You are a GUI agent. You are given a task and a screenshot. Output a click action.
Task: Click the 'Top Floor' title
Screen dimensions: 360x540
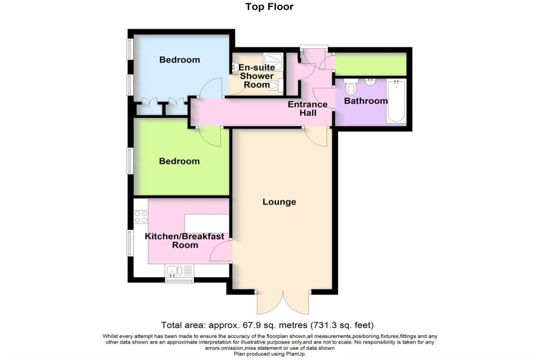click(x=269, y=7)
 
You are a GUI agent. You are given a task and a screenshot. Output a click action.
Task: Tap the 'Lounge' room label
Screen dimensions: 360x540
click(x=279, y=202)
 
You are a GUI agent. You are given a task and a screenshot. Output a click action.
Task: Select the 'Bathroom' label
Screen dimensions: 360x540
click(x=365, y=101)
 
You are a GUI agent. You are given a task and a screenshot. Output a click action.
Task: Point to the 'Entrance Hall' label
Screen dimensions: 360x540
click(x=307, y=109)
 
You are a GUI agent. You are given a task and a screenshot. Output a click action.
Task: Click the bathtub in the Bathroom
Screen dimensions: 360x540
click(x=397, y=101)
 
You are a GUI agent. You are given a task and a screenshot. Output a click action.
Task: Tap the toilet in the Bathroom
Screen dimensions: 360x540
click(x=351, y=85)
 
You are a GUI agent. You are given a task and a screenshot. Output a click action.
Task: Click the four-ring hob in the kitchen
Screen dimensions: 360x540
click(x=141, y=216)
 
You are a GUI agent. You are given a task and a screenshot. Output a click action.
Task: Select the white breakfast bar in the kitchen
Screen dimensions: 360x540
click(x=206, y=223)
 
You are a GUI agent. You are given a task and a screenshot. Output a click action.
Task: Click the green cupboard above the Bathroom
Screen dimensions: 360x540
click(x=371, y=64)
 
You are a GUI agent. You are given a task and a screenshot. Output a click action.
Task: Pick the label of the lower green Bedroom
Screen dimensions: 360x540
click(x=179, y=161)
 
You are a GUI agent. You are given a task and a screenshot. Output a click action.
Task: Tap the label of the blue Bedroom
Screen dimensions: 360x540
click(x=179, y=60)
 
